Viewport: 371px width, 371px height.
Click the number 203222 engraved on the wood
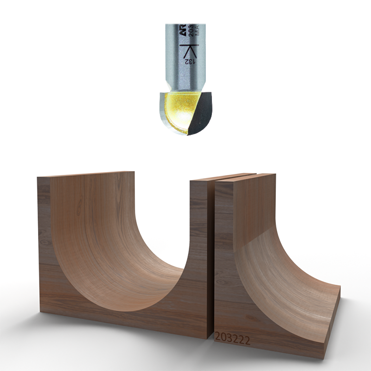[x=232, y=340]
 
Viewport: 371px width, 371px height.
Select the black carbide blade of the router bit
[x=203, y=111]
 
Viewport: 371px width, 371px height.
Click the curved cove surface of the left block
[x=116, y=250]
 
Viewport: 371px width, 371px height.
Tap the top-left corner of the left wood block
[x=38, y=178]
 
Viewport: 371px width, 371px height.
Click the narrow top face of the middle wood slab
[x=223, y=177]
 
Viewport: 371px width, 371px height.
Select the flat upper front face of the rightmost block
[x=250, y=209]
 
